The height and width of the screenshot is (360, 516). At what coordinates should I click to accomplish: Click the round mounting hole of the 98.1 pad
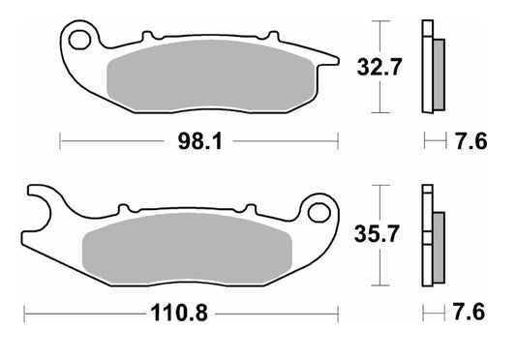(x=80, y=40)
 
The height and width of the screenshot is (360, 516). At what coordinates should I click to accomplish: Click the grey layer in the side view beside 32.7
(x=437, y=74)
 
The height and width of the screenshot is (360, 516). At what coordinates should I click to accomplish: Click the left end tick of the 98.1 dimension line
(x=61, y=142)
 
